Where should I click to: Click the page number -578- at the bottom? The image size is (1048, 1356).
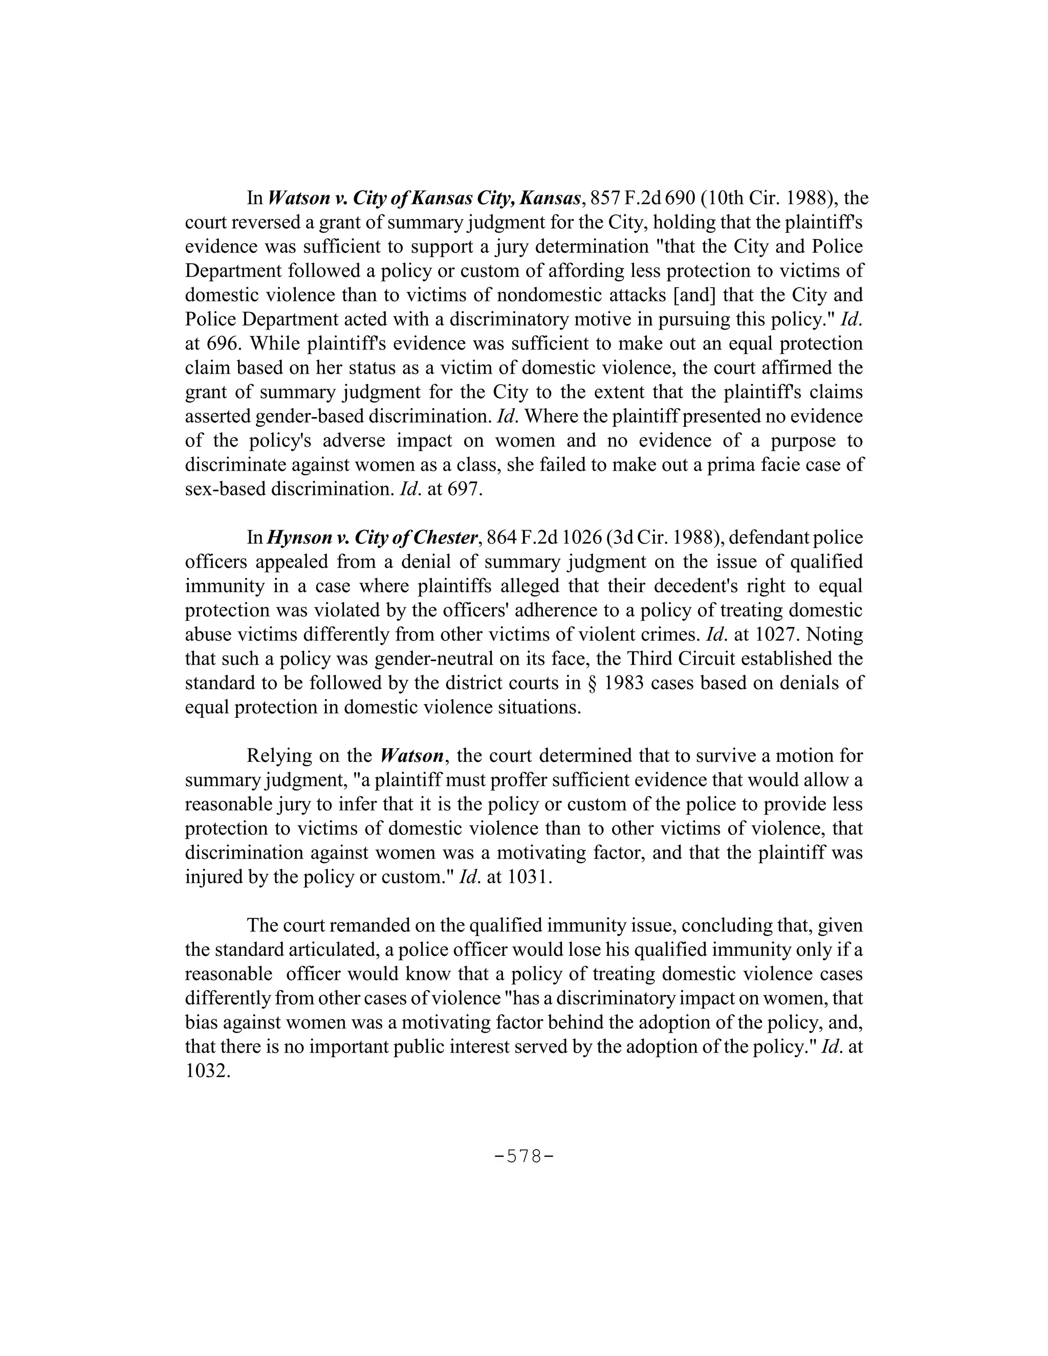point(523,1157)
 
